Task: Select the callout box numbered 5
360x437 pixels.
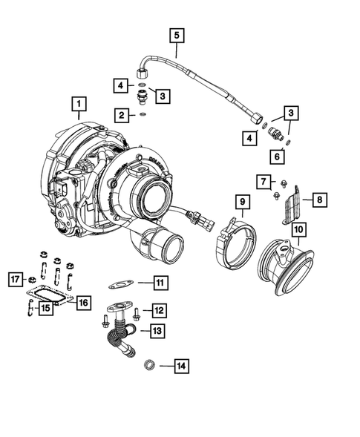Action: coord(176,34)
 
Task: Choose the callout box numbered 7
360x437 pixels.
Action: coord(263,180)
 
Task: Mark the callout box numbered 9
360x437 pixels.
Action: coord(242,201)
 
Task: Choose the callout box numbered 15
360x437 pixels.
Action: coord(46,307)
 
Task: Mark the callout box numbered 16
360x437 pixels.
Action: coord(83,302)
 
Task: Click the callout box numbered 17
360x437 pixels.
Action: coord(15,280)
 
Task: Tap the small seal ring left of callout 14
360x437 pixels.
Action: coord(147,364)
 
